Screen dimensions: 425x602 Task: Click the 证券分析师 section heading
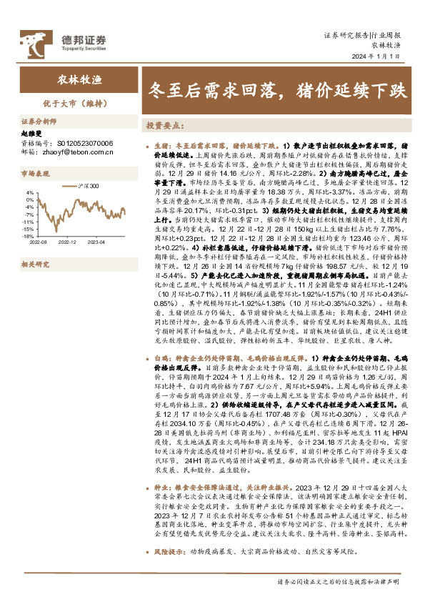(x=37, y=122)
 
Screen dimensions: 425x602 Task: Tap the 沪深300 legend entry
(x=85, y=186)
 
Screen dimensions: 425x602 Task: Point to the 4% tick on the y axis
(x=29, y=192)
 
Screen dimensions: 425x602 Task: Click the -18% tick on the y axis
(x=28, y=235)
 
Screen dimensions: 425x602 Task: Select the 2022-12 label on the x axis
(x=66, y=242)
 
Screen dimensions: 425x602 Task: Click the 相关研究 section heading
(x=36, y=264)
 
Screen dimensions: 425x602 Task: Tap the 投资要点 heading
(x=165, y=125)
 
